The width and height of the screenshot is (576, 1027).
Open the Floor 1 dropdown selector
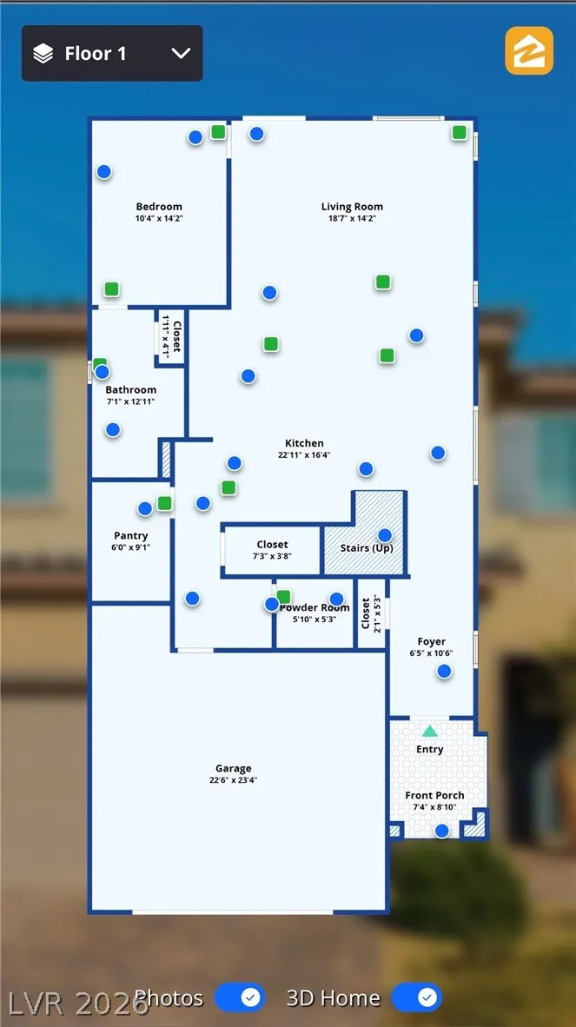click(112, 54)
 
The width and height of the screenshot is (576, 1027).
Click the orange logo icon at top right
click(529, 50)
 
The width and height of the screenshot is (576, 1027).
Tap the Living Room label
click(352, 207)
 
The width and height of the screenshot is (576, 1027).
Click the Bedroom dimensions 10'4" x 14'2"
click(159, 219)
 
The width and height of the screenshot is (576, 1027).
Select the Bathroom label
click(131, 390)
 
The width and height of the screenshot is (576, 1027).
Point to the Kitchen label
click(304, 443)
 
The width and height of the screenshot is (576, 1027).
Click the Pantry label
click(131, 536)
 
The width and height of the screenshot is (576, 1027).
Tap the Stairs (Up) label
click(366, 548)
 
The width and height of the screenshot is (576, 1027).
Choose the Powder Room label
click(314, 608)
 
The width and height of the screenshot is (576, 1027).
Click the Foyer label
click(432, 642)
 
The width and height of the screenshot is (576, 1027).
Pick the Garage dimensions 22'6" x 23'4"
click(234, 780)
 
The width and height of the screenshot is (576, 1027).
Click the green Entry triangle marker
click(430, 732)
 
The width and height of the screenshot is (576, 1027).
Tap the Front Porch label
click(434, 795)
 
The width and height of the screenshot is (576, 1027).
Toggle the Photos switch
click(240, 997)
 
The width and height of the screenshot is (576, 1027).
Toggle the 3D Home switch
click(417, 997)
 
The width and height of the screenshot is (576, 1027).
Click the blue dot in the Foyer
click(444, 671)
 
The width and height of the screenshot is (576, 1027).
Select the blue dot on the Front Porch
click(442, 831)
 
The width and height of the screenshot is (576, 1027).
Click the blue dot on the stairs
click(385, 535)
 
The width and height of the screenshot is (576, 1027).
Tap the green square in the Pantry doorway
click(164, 503)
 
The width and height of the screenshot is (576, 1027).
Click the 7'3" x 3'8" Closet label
click(272, 545)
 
